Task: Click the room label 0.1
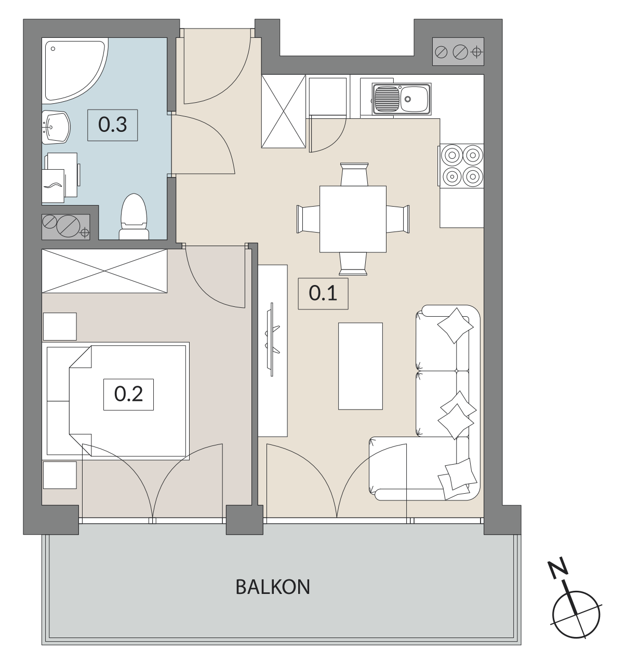323,293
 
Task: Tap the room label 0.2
128,394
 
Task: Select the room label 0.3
112,125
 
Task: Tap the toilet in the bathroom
134,216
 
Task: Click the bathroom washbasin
56,127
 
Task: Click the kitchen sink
402,99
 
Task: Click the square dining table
353,219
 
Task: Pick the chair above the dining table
354,174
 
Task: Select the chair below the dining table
353,264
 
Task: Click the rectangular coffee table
361,366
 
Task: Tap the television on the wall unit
272,340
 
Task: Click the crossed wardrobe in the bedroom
104,271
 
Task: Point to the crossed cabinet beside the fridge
284,111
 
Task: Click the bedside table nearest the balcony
60,475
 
